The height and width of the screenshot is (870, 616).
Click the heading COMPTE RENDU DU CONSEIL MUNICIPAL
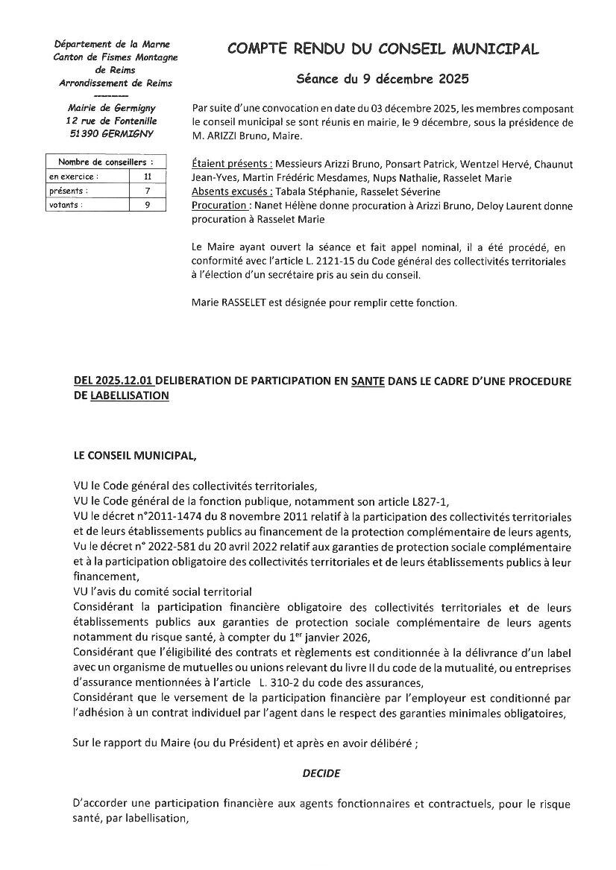(x=383, y=49)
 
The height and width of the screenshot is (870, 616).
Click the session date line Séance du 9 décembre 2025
(x=383, y=78)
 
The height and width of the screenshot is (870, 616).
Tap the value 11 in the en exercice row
(x=147, y=177)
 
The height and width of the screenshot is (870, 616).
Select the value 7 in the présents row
(x=147, y=191)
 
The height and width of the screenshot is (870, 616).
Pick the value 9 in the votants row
(x=147, y=205)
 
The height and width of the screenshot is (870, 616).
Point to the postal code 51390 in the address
(x=85, y=133)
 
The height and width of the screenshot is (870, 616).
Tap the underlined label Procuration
(x=220, y=206)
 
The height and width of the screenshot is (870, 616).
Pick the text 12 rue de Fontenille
(x=111, y=121)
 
